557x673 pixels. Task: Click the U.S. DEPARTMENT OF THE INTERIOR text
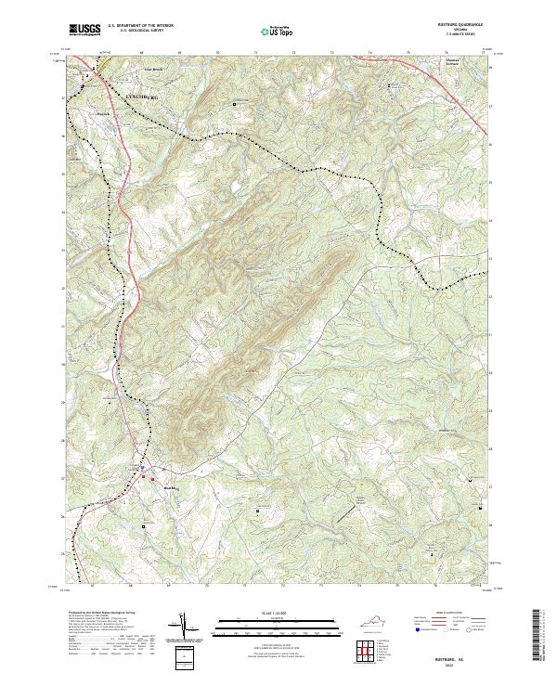pyautogui.click(x=140, y=27)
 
